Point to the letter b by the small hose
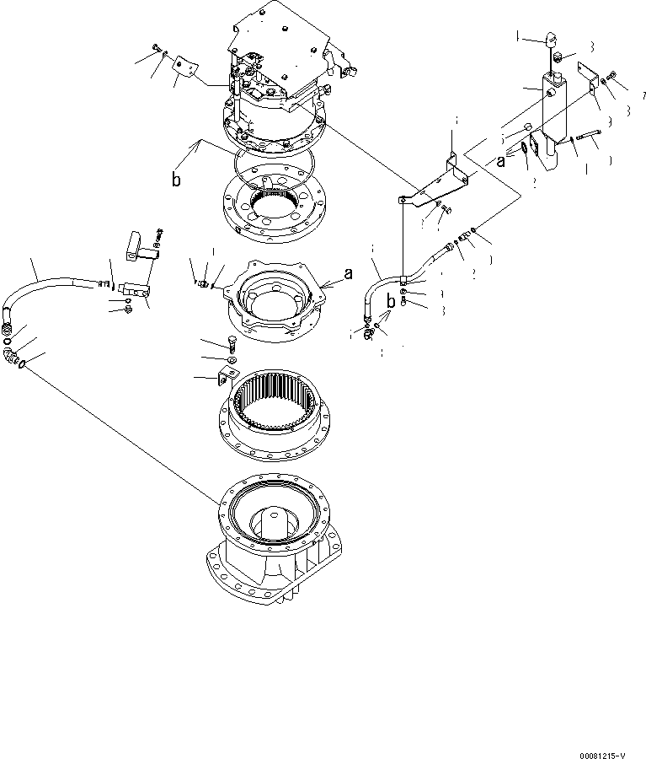coord(391,301)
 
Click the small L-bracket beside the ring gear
coord(228,376)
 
